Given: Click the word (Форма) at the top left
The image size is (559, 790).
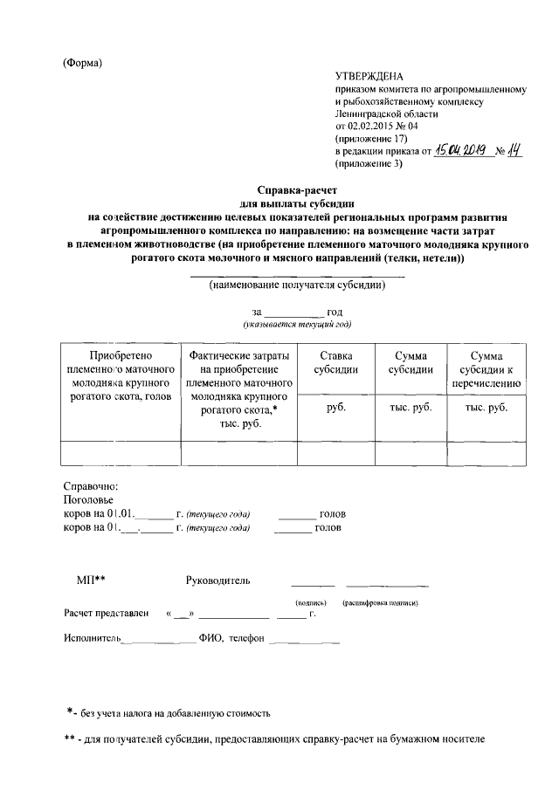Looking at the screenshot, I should [83, 63].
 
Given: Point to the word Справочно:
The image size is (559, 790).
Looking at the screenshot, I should [90, 485].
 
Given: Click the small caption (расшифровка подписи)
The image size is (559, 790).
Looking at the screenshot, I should [381, 603].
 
